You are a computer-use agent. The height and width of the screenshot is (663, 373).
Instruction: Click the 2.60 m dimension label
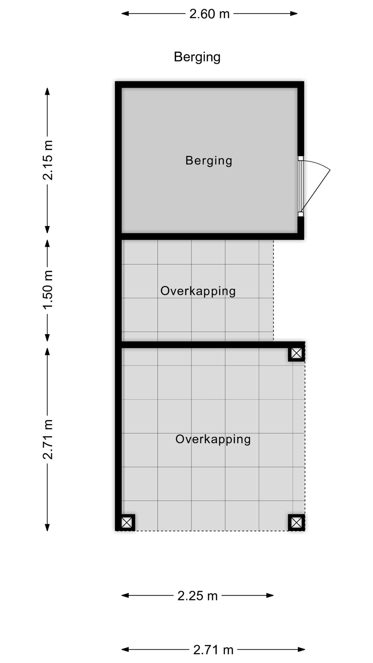click(x=209, y=14)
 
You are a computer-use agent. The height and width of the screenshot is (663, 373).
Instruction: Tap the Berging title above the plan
click(x=197, y=57)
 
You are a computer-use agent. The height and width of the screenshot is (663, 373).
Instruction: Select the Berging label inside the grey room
click(x=209, y=161)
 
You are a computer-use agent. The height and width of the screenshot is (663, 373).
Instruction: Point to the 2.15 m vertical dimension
click(x=48, y=160)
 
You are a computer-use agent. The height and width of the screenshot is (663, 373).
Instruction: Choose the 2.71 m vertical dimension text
click(x=48, y=439)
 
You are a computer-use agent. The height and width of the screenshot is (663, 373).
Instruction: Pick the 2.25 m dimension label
click(x=198, y=596)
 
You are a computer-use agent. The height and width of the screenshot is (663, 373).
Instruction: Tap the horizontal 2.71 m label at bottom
click(x=213, y=650)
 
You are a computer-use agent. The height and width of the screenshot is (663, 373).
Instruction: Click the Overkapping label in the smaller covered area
click(x=198, y=291)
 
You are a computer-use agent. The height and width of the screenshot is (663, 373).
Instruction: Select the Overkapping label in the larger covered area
click(x=213, y=439)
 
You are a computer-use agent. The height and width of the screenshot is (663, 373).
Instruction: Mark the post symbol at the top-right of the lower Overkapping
click(x=296, y=353)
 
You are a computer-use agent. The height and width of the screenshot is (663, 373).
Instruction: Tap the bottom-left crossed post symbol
click(x=126, y=522)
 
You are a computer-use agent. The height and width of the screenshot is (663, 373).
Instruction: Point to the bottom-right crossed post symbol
click(x=296, y=522)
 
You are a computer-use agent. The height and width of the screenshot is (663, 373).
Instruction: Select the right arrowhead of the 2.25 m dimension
click(x=270, y=595)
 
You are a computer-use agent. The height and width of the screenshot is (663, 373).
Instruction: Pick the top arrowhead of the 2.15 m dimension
click(x=47, y=92)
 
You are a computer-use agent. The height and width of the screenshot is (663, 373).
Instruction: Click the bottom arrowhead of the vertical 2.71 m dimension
click(x=47, y=527)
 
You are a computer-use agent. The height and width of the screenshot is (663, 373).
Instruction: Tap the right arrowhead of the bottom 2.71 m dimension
click(x=301, y=649)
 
